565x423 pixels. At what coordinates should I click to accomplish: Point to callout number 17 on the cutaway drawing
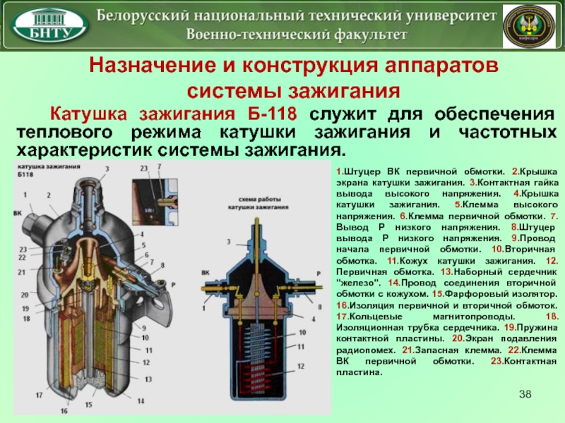click(40, 396)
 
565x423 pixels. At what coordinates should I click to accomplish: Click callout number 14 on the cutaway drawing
click(141, 400)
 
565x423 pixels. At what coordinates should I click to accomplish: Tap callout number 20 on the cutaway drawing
click(25, 295)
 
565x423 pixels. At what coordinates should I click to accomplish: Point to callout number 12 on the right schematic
click(301, 366)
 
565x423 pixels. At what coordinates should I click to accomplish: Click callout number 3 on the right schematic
click(228, 242)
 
